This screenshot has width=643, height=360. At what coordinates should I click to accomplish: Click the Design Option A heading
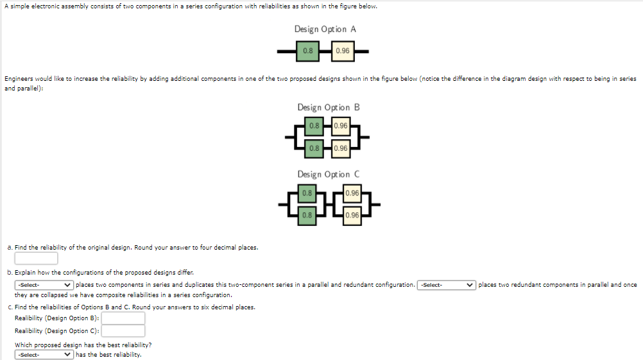point(325,29)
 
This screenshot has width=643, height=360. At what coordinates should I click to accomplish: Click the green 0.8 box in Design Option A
point(308,51)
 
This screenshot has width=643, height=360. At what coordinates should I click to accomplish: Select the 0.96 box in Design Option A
point(343,51)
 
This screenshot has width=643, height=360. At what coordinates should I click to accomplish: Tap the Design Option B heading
point(328,107)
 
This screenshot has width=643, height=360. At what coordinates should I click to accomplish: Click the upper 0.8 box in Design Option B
point(314,126)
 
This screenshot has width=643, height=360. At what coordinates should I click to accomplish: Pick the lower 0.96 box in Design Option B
point(341,148)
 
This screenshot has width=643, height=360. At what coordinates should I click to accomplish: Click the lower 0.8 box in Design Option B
point(314,148)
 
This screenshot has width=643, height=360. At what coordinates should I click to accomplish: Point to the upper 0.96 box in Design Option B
point(341,126)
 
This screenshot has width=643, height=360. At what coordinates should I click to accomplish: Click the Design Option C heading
point(328,174)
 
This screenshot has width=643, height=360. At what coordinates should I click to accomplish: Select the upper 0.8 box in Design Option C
point(307,193)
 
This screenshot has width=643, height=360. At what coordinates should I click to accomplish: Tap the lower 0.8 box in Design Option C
point(307,215)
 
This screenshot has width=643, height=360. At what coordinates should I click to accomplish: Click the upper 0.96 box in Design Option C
point(352,193)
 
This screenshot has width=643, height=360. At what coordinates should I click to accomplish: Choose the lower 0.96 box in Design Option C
point(352,215)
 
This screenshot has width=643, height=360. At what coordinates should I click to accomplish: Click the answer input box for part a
point(36,258)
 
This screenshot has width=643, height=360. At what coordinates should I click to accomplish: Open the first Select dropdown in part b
point(44,285)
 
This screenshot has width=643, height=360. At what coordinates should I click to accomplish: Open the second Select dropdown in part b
point(447,285)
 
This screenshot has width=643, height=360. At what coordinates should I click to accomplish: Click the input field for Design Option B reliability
point(123,318)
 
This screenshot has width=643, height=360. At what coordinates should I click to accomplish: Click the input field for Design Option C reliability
point(123,331)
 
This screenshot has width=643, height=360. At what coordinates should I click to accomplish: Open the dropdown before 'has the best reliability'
point(44,354)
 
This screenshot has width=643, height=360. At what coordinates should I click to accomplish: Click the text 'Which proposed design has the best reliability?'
point(83,345)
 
